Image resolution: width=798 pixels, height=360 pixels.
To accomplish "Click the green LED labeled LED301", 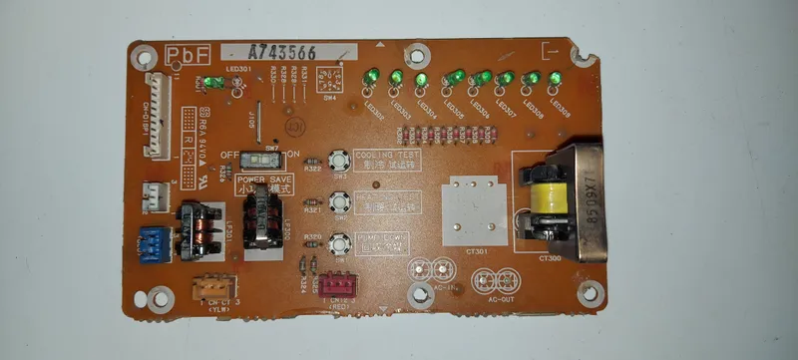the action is [x=212, y=84].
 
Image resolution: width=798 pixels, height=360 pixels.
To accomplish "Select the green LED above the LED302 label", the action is [x=371, y=77].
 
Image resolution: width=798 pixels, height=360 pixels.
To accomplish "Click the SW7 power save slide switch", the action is [x=263, y=160].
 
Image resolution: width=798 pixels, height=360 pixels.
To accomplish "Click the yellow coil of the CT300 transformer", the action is [x=548, y=199].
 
